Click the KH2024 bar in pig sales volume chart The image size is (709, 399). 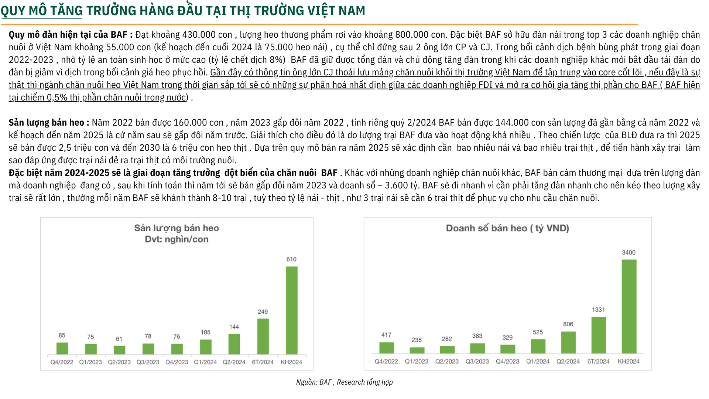pyautogui.click(x=291, y=310)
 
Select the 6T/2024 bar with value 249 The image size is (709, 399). pyautogui.click(x=263, y=336)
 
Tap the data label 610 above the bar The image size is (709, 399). pyautogui.click(x=291, y=259)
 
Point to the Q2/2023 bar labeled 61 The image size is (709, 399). pyautogui.click(x=119, y=350)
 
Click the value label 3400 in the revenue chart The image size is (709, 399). pyautogui.click(x=628, y=253)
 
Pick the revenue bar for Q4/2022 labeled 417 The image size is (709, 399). pyautogui.click(x=386, y=348)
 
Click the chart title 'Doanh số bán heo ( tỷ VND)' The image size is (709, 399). pyautogui.click(x=507, y=228)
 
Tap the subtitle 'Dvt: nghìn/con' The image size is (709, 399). pyautogui.click(x=177, y=239)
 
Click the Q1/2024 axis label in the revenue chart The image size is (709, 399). pyautogui.click(x=538, y=361)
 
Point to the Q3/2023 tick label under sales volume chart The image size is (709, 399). pyautogui.click(x=148, y=362)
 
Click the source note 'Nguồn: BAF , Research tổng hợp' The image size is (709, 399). pyautogui.click(x=344, y=382)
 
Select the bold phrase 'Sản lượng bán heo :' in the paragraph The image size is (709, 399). pyautogui.click(x=49, y=123)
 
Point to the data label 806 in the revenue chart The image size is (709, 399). pyautogui.click(x=568, y=324)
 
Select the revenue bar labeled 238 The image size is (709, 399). pyautogui.click(x=417, y=350)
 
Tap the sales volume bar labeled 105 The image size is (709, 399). pyautogui.click(x=205, y=347)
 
